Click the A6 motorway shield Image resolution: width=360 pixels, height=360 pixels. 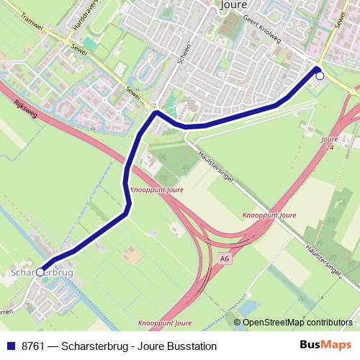225,257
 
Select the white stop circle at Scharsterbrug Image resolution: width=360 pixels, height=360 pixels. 41,273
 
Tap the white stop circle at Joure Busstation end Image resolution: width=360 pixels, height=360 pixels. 320,75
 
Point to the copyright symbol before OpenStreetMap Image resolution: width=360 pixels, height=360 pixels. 239,323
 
